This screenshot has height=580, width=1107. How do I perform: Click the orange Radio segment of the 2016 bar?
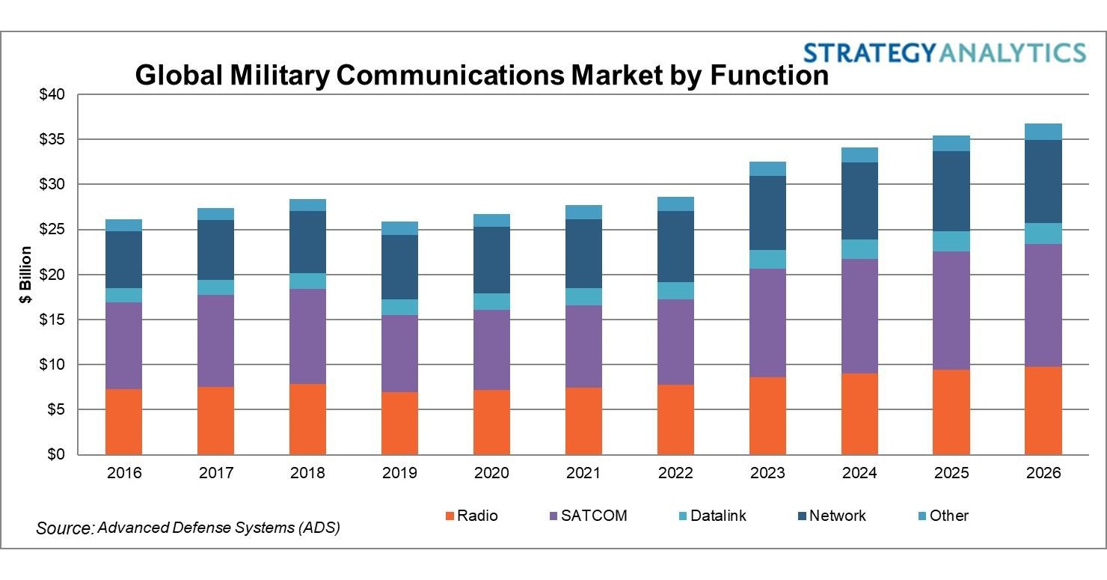coord(123,421)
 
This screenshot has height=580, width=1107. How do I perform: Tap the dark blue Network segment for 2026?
coord(1043,181)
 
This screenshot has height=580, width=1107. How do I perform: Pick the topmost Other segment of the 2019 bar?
coord(399,228)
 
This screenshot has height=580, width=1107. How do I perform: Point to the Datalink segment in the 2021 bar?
coord(583,296)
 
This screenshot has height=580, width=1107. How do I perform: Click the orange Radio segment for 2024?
coord(859,414)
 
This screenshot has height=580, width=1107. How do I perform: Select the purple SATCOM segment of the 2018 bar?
coord(307,336)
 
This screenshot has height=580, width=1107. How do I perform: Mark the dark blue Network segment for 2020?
coord(491,260)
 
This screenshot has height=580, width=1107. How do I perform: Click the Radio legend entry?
coord(471,516)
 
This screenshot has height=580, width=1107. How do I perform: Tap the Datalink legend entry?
coord(710,516)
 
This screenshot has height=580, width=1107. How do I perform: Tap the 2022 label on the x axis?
coord(675,474)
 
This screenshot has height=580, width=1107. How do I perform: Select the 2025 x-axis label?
coord(951,474)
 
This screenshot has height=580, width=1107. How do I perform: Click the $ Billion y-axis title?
coord(26,275)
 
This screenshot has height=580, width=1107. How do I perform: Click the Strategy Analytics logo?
coord(944,52)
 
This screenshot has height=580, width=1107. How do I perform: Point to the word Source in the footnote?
coord(64,528)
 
